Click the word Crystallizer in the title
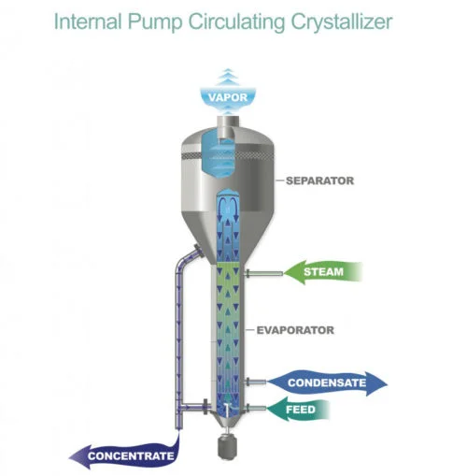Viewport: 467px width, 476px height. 342,22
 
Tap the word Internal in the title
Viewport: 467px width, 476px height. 88,22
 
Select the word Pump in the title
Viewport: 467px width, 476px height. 154,22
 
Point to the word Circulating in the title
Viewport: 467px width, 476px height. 236,22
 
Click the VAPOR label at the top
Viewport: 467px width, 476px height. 228,97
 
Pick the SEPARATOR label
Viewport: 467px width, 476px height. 319,180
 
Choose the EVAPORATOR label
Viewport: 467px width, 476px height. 295,330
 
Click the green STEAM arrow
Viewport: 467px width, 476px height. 323,272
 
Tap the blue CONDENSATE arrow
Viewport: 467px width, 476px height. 327,382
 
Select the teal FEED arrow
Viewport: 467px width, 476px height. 298,410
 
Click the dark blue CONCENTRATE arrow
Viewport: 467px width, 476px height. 124,455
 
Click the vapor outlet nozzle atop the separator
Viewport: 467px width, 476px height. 228,122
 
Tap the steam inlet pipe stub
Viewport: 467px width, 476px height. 264,274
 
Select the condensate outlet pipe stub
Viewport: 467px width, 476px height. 256,382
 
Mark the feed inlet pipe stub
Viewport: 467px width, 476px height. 256,408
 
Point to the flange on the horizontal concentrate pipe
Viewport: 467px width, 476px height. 205,407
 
